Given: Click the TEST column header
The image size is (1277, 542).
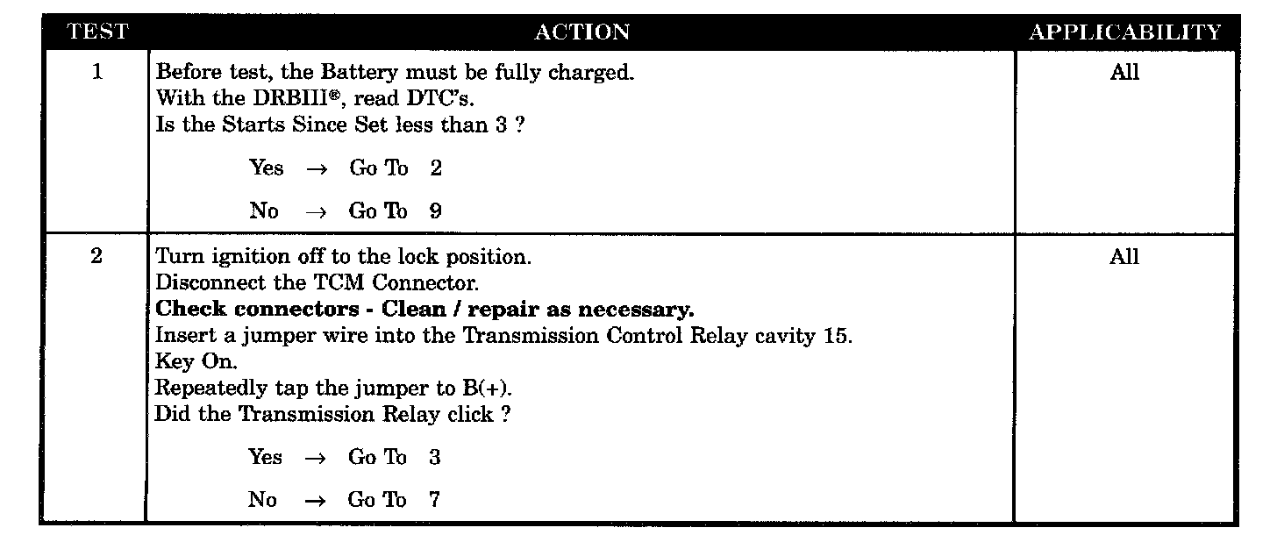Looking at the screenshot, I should point(97,33).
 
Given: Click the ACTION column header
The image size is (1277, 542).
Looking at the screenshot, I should point(581,33).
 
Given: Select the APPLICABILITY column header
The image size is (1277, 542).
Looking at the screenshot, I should point(1124,33).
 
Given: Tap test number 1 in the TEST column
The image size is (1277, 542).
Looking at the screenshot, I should point(96,73).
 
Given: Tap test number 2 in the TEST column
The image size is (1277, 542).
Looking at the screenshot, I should point(96,257).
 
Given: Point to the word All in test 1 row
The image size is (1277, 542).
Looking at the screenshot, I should point(1124,73).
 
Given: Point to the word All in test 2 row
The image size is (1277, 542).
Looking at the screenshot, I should point(1124,257).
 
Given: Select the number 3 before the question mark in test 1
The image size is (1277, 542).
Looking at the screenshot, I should point(500,125).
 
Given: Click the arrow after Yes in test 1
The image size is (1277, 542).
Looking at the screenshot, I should point(317,168).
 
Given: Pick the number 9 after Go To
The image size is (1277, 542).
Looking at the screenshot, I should point(436,211).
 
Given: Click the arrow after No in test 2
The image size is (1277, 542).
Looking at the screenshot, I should point(316,501).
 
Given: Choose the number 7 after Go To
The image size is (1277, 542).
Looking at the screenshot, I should point(435,501).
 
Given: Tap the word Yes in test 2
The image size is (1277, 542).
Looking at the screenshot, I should point(265,458).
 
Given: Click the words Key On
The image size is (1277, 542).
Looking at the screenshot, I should point(196,362).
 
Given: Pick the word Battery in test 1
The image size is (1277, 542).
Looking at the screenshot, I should point(356,73).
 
